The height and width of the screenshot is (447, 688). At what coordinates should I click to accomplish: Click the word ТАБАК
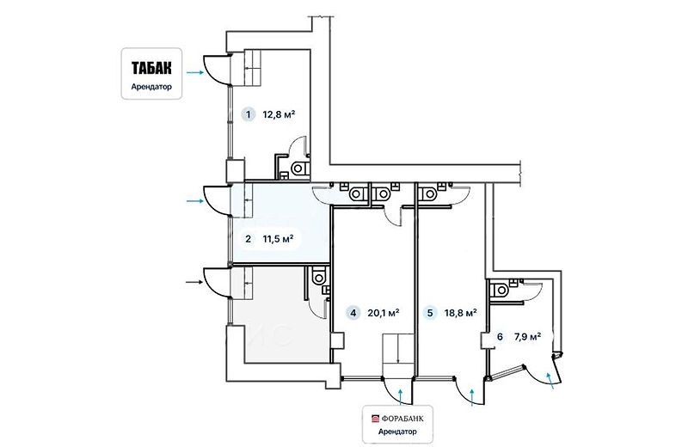click(x=151, y=68)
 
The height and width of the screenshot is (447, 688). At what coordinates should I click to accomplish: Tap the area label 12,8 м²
click(x=279, y=115)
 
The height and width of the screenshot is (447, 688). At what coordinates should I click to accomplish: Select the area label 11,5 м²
click(x=278, y=239)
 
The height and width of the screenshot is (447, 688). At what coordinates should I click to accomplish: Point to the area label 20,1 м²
click(x=383, y=313)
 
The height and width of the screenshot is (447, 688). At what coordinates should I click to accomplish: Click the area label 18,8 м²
click(x=461, y=313)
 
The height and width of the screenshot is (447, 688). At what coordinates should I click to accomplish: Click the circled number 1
click(x=249, y=115)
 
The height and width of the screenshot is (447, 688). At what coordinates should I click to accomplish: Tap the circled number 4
click(x=353, y=313)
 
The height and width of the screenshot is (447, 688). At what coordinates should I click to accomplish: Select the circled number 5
click(x=430, y=313)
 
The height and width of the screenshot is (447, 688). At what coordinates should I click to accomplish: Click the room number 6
click(x=500, y=337)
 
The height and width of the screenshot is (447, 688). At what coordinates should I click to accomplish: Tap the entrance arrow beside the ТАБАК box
click(x=195, y=72)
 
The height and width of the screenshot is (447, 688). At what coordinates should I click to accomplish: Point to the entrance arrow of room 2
click(x=195, y=201)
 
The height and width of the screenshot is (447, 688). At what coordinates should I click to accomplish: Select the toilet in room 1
click(x=300, y=168)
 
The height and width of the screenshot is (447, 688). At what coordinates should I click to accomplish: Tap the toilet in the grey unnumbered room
click(x=317, y=277)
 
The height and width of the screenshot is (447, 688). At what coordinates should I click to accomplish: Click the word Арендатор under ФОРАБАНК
click(x=397, y=432)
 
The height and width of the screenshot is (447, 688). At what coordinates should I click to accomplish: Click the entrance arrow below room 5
click(x=472, y=397)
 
